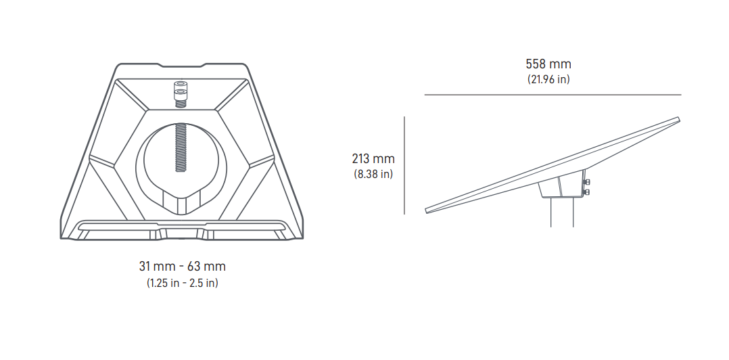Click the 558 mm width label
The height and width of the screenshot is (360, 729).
point(548,64)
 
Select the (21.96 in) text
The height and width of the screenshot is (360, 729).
point(548,79)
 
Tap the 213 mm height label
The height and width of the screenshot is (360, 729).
point(373,159)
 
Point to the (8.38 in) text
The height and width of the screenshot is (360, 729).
point(373,174)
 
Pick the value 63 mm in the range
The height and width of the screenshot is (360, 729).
point(208,267)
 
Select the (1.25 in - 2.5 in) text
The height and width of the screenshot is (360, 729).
point(182,283)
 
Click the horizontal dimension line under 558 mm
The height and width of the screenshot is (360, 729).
point(552,95)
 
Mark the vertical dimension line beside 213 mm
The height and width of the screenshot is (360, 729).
point(404,165)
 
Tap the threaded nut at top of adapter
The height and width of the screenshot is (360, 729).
point(181,93)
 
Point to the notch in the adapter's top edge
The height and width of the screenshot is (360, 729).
point(182,66)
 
